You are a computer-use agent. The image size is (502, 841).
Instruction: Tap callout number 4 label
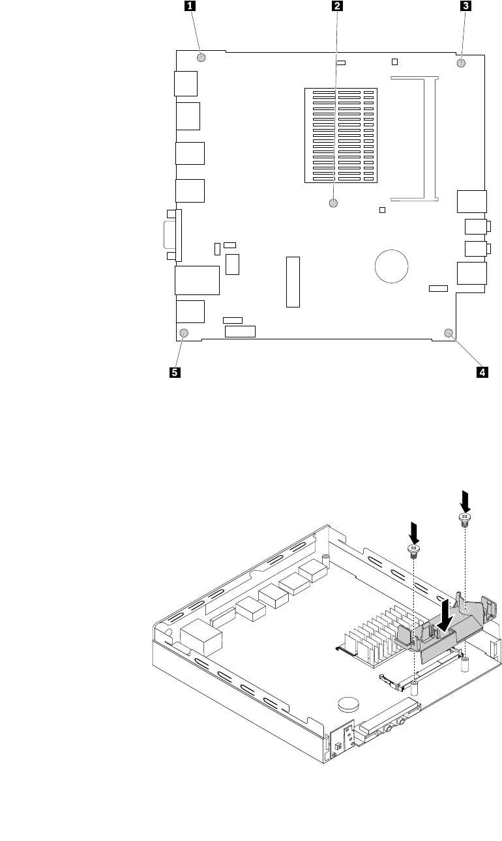(x=482, y=373)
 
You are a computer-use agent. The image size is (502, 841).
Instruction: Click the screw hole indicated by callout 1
(x=201, y=57)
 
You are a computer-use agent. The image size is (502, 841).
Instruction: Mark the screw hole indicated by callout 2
(x=334, y=203)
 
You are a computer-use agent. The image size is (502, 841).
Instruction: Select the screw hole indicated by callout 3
(x=461, y=63)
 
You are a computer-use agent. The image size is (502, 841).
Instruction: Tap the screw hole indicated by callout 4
(x=449, y=334)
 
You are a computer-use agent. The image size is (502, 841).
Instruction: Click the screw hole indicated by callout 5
(x=184, y=334)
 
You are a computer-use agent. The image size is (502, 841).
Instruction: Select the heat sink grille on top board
(x=340, y=135)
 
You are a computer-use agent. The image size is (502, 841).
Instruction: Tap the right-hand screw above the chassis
(x=464, y=519)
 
